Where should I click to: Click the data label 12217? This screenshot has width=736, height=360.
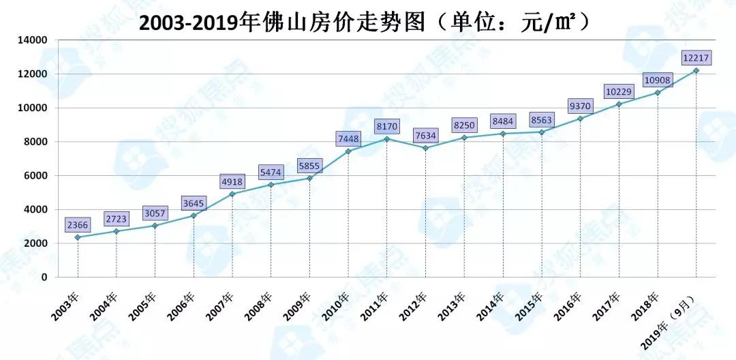click(695, 57)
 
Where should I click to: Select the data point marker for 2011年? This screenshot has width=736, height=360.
click(387, 139)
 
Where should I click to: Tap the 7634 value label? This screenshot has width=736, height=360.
click(425, 133)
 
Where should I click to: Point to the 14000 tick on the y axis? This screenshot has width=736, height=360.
click(33, 40)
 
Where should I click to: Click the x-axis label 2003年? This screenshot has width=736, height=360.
click(66, 305)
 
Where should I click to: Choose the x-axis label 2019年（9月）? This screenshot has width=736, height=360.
click(671, 323)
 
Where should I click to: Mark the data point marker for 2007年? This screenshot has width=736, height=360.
click(232, 194)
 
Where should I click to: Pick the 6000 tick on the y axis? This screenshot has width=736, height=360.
click(35, 175)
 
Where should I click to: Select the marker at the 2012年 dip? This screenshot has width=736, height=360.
click(425, 148)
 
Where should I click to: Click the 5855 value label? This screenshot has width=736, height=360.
click(310, 164)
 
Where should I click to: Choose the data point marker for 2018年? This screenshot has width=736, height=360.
click(658, 93)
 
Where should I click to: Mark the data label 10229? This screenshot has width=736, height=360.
click(619, 91)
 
